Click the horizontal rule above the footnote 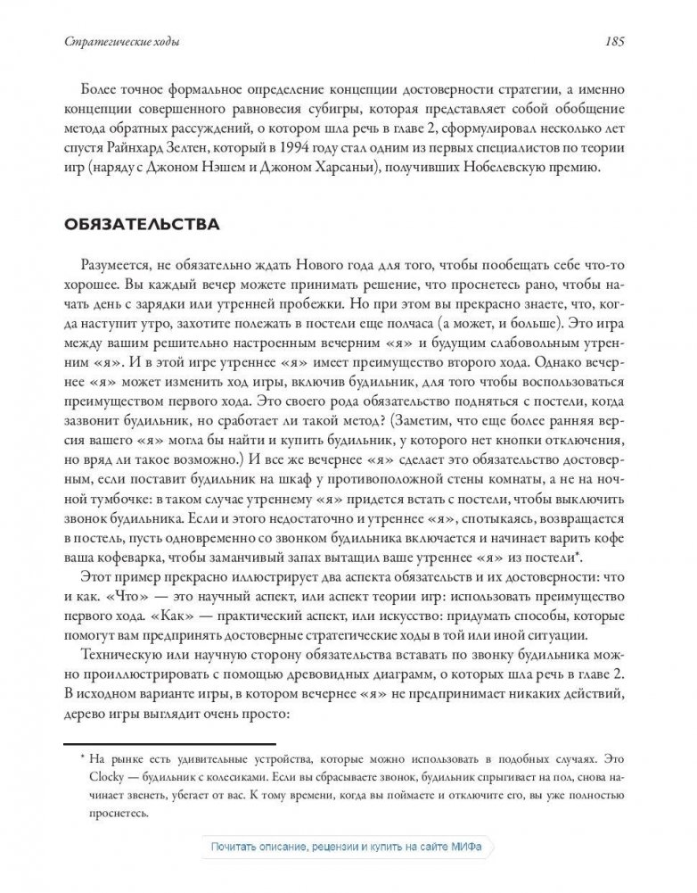[x=169, y=742]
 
